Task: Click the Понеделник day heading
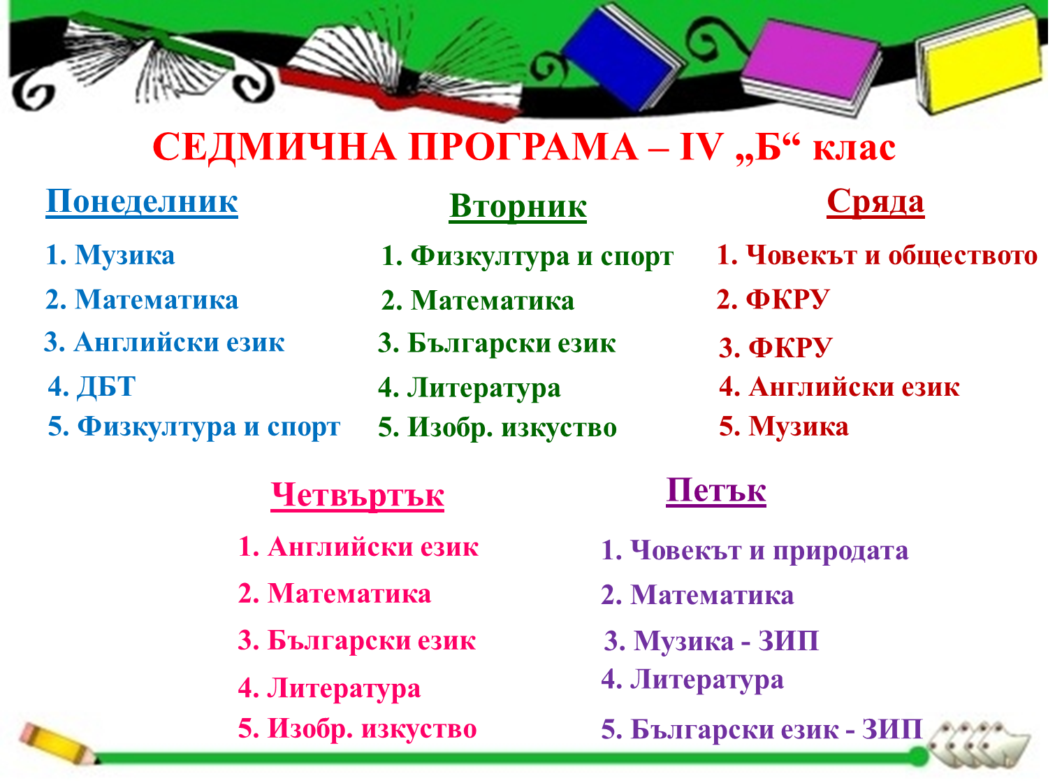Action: coord(142,202)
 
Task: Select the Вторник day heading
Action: coord(518,207)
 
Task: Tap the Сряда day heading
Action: coord(875,203)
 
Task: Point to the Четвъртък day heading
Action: coord(357,495)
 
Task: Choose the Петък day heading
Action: coord(716,490)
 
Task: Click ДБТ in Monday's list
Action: coord(106,386)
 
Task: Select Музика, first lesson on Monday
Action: coord(125,255)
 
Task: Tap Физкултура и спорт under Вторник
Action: coord(541,257)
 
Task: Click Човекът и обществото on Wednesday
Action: coord(892,255)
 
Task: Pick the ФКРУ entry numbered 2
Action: coord(787,299)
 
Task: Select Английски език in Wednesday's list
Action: coord(854,387)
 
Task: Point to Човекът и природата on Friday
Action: coord(769,551)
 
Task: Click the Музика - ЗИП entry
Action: coord(726,640)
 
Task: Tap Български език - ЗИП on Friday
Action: coord(776,729)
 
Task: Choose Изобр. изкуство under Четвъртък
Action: coord(372,729)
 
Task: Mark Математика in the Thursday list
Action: coord(349,594)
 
